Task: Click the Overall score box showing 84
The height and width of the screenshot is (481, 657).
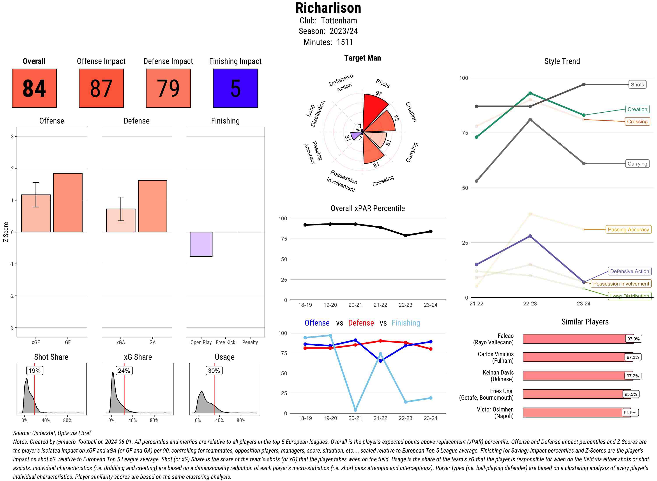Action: click(34, 88)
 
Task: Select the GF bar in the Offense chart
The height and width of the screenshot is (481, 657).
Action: click(68, 203)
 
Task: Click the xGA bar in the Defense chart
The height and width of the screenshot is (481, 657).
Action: click(121, 220)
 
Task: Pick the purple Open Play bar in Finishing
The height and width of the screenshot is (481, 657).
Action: click(201, 244)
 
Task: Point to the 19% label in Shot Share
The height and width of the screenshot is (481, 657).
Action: click(35, 371)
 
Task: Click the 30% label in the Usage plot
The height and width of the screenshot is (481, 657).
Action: click(214, 371)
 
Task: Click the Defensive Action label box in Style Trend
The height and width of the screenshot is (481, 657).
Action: click(629, 271)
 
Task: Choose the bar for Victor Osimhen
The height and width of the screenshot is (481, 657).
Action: click(576, 413)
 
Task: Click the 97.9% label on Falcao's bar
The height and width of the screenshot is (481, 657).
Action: click(633, 339)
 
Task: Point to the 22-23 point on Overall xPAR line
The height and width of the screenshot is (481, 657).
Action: click(405, 235)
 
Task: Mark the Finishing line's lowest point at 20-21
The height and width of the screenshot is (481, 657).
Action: click(355, 410)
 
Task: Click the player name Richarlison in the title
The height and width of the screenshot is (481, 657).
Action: click(328, 8)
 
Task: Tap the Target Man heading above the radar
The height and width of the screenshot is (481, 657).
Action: click(362, 58)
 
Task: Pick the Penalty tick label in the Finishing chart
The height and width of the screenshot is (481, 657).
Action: click(250, 342)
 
